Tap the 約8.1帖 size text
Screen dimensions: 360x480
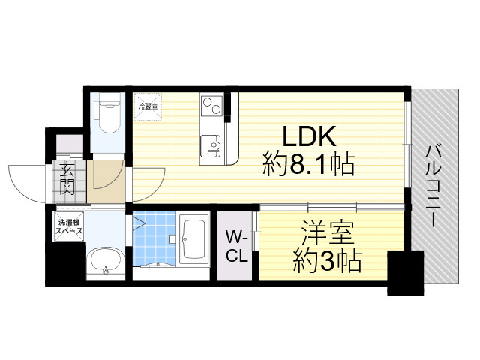coord(308,163)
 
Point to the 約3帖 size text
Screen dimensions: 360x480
coord(327,260)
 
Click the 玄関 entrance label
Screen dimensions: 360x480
coord(67,179)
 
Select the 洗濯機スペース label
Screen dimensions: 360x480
coord(68,227)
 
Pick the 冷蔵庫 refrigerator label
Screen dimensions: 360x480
coord(147,106)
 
